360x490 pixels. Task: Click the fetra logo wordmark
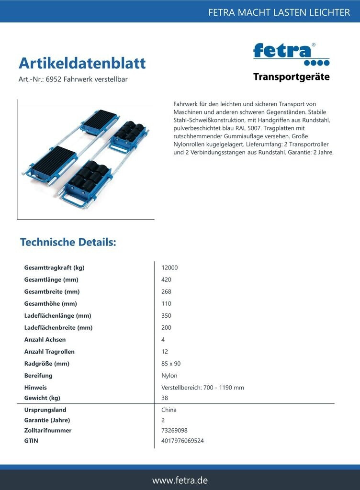tap(284, 51)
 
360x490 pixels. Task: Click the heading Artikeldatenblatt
tap(82, 63)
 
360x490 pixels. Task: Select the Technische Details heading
tap(68, 242)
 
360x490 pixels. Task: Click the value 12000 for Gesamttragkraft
tap(169, 268)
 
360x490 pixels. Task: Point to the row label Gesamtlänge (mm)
tap(51, 280)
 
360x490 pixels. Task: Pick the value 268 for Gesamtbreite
tap(167, 292)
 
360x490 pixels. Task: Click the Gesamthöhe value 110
tap(167, 304)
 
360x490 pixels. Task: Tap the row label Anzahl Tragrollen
tap(49, 352)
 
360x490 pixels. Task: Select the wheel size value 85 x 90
tap(171, 364)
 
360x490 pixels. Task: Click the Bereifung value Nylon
tap(169, 376)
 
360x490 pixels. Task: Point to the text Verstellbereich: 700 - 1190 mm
tap(202, 388)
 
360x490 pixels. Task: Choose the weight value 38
tap(165, 398)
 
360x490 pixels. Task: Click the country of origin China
tap(169, 410)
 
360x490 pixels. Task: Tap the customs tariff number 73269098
tap(174, 431)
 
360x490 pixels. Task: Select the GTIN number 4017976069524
tap(182, 441)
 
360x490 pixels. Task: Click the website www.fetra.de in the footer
tap(180, 480)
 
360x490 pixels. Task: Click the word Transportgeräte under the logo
tap(291, 77)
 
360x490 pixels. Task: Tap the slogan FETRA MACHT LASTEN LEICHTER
tap(279, 12)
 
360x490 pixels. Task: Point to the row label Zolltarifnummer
tap(48, 431)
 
